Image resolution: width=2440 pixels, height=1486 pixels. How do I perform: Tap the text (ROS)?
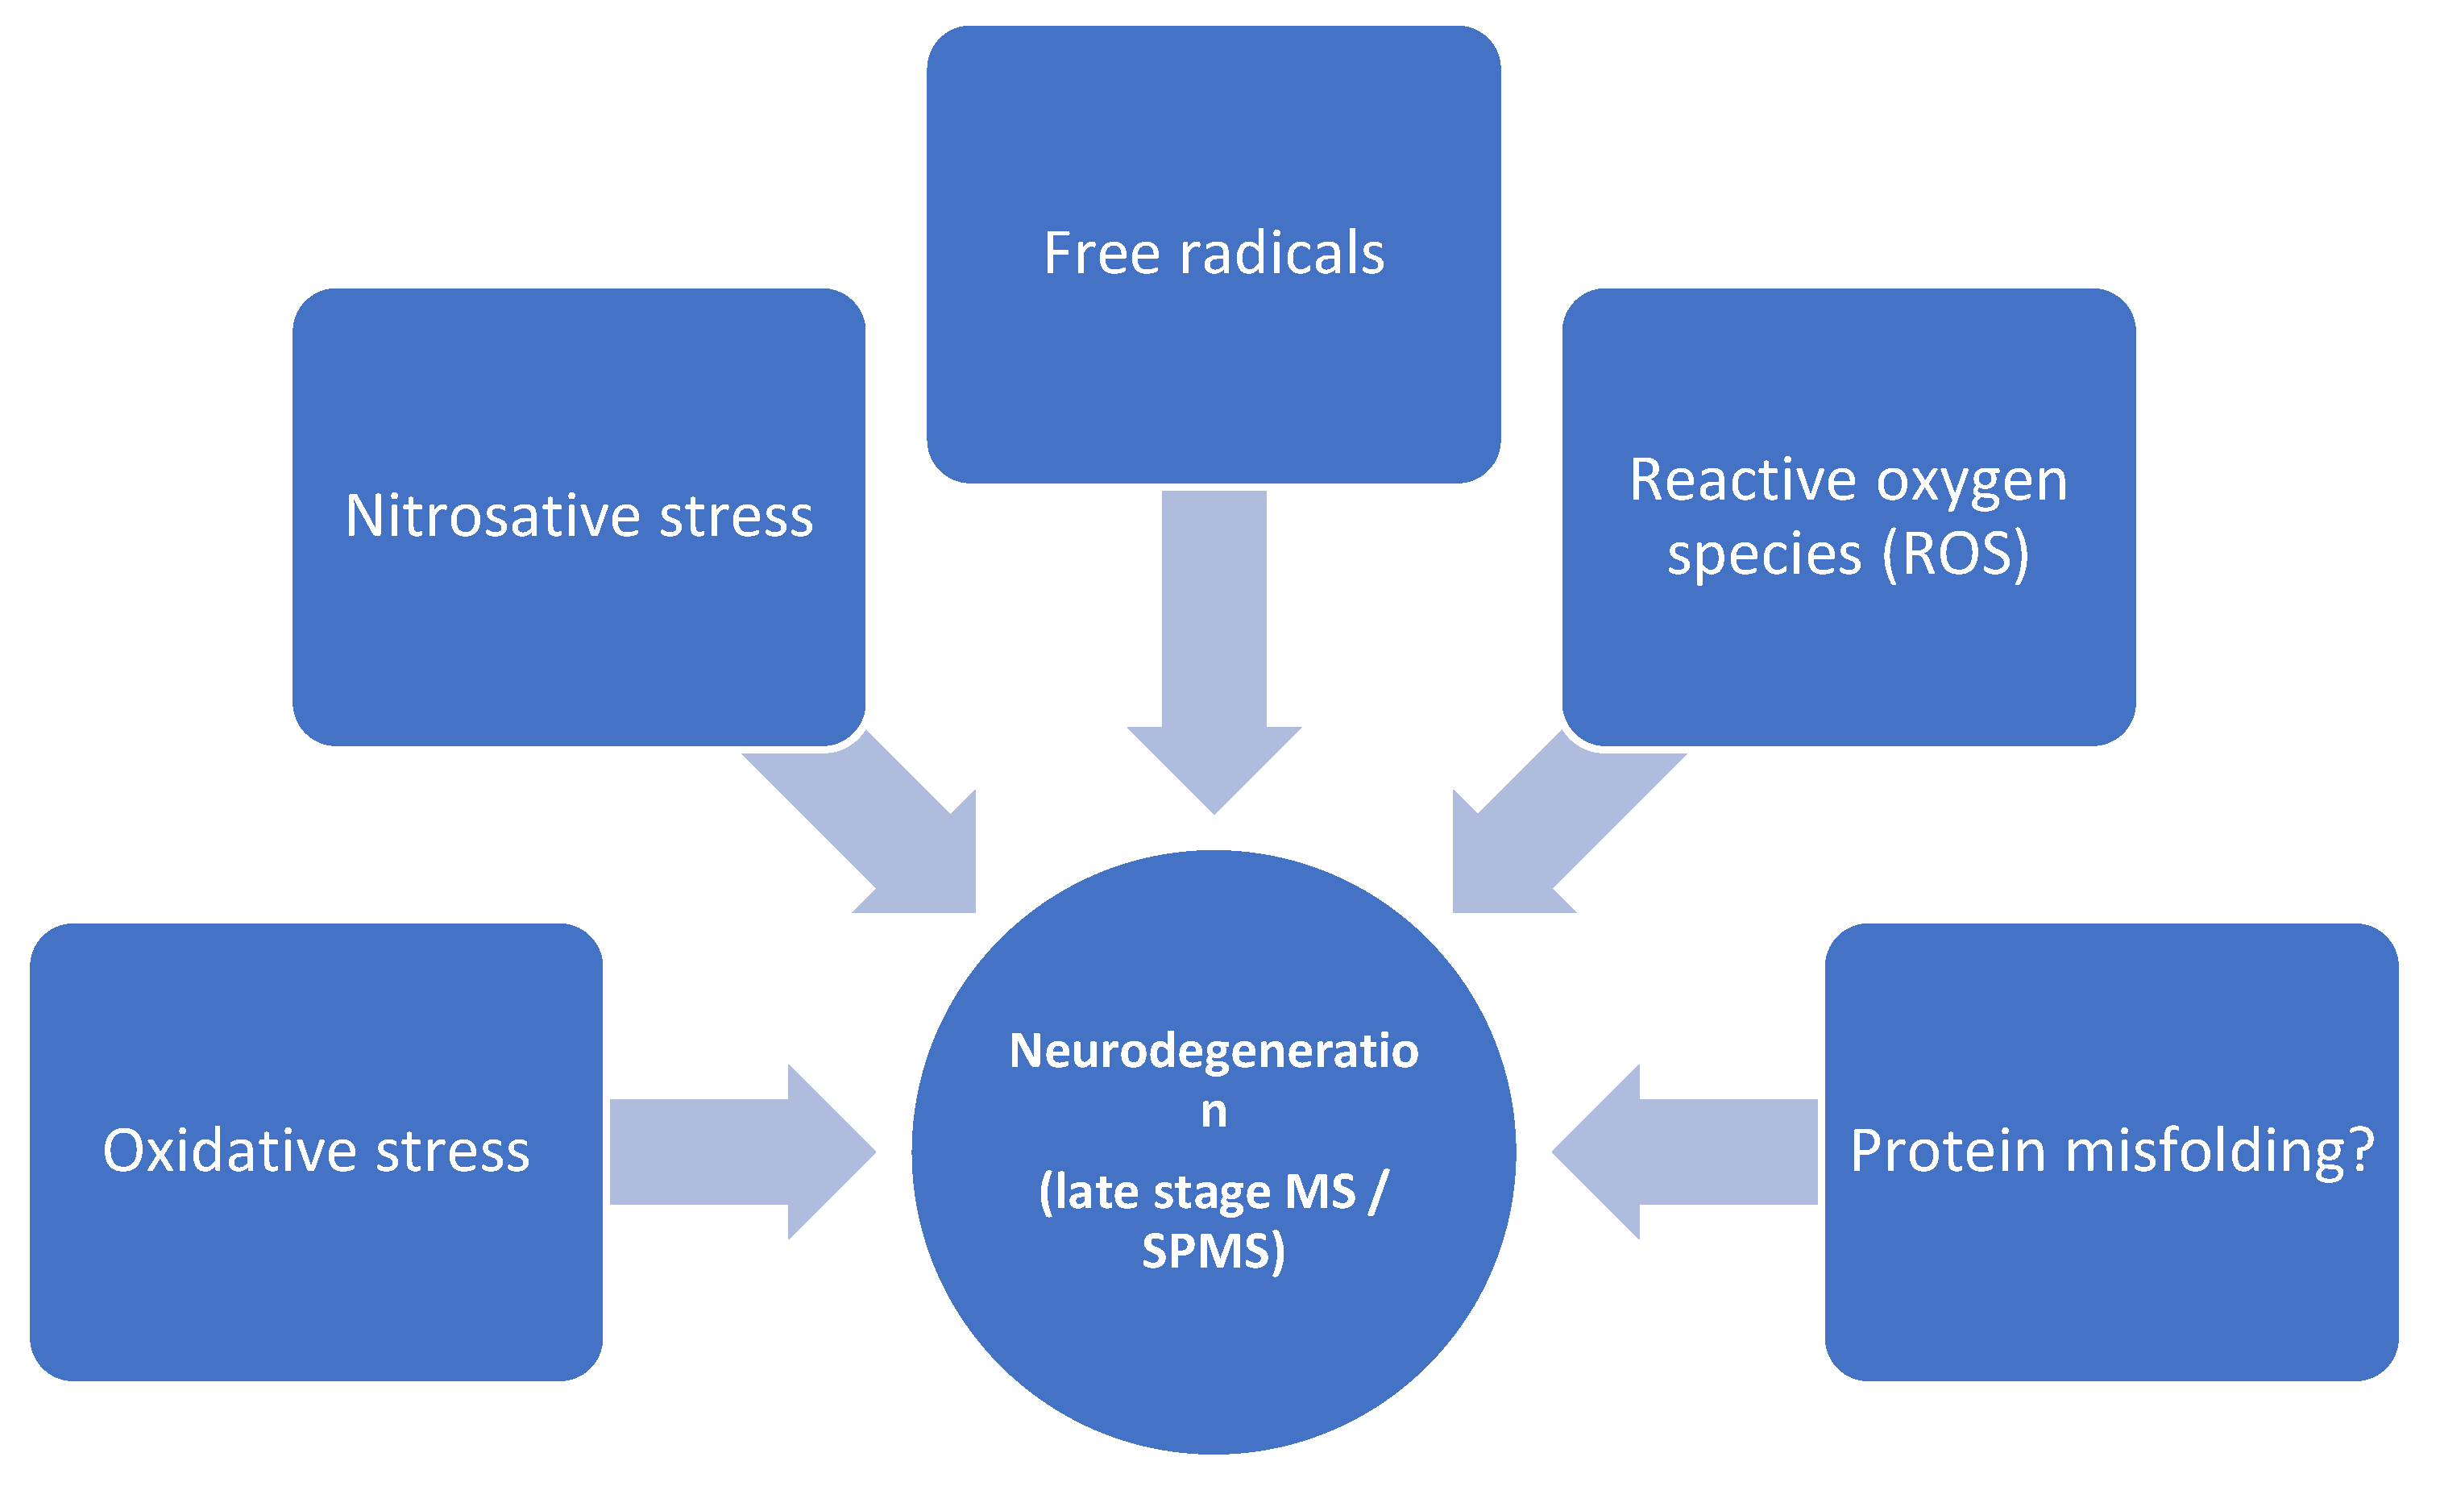coord(1956,554)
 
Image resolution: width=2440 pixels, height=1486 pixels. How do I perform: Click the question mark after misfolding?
coord(2361,1152)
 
